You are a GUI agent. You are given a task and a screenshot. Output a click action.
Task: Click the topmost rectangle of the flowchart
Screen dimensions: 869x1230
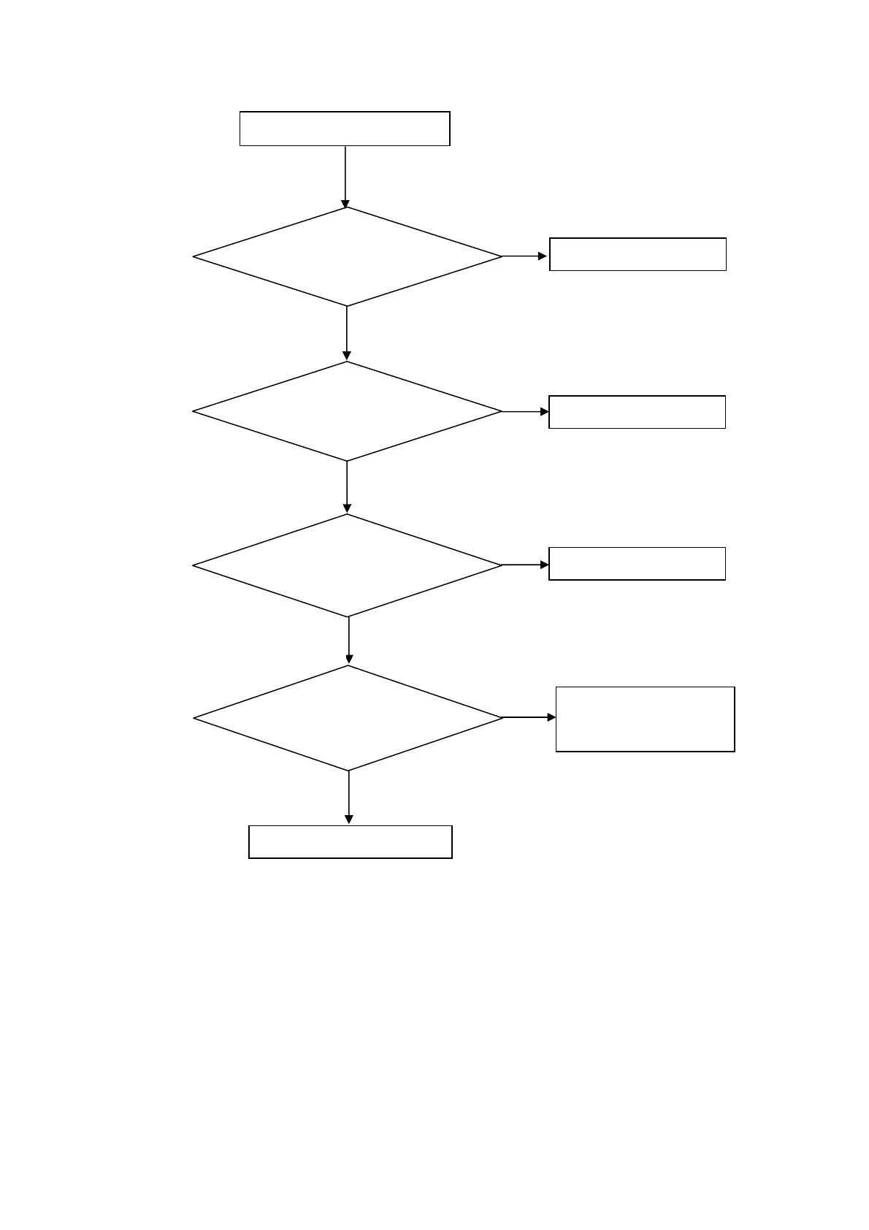[345, 129]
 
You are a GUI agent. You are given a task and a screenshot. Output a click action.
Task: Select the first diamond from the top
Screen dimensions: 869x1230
[348, 257]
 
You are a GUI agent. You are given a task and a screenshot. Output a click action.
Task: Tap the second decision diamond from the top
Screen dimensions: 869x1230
[348, 411]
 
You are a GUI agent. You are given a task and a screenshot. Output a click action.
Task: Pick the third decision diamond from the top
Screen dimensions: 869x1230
[348, 565]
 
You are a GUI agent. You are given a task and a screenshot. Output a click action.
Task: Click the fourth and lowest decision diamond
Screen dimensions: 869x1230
[348, 718]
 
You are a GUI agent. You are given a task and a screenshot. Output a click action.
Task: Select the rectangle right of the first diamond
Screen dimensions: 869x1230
[638, 254]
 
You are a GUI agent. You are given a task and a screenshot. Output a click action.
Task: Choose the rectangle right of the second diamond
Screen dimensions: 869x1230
[637, 412]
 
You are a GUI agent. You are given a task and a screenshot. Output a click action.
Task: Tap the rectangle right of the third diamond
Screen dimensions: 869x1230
[637, 564]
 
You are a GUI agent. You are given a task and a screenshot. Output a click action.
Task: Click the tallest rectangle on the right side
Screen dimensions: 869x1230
[645, 719]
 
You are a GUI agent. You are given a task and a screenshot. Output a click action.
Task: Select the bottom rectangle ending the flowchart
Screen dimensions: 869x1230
[351, 841]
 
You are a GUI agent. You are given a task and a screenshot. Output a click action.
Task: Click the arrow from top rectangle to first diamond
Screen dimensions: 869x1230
[345, 177]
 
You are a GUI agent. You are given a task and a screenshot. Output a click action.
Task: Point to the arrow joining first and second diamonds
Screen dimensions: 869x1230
[347, 333]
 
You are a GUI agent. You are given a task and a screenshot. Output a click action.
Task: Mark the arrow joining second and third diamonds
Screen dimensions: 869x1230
[347, 487]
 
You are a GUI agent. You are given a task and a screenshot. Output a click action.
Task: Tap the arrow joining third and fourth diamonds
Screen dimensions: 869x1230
[349, 641]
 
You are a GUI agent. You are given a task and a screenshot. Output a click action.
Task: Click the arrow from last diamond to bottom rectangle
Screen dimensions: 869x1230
[349, 798]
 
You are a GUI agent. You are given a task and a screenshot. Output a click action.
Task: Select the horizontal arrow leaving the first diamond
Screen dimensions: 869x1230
[524, 256]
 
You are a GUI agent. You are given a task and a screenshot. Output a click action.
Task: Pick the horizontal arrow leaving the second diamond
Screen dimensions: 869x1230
[525, 412]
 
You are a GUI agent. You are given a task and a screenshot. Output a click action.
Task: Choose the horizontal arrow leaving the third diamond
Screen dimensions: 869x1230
[525, 565]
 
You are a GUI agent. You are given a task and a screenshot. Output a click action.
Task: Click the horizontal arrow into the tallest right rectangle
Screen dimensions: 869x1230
[529, 718]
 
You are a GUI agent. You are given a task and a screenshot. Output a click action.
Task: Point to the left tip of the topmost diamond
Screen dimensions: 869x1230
[194, 257]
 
